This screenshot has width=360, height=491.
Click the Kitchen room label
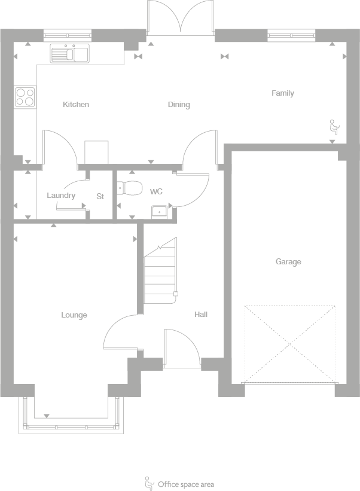point(76,105)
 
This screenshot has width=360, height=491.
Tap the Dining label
point(179,105)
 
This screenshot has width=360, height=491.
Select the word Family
point(283,93)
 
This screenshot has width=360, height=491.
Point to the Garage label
point(288,262)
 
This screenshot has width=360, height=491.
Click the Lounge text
point(74,315)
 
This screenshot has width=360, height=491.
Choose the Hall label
point(201,314)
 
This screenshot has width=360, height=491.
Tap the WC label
point(156,192)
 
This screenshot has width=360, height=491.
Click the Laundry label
point(61,196)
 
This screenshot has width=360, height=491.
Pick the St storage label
point(100,196)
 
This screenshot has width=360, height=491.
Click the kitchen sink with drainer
point(69,54)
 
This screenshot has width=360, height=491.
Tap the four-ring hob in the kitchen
point(25,96)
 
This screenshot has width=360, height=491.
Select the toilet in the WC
point(129,188)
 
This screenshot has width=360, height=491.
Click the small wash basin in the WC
point(160,210)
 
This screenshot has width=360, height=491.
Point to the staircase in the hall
point(160,272)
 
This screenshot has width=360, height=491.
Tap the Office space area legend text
point(185,484)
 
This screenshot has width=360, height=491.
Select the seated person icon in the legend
point(149,483)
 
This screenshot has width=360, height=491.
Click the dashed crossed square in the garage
point(290,344)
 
